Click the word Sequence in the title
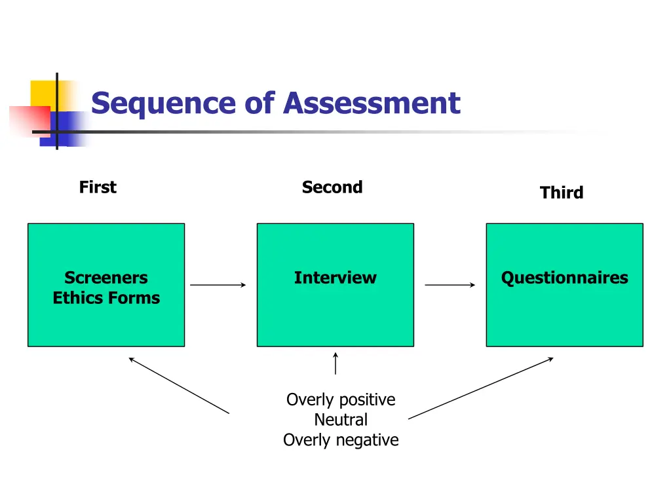pyautogui.click(x=163, y=103)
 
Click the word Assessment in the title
pyautogui.click(x=372, y=103)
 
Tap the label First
pyautogui.click(x=98, y=187)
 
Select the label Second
pyautogui.click(x=332, y=187)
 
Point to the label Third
pyautogui.click(x=561, y=193)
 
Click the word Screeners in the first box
pyautogui.click(x=106, y=278)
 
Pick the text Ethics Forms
pyautogui.click(x=106, y=298)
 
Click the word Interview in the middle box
pyautogui.click(x=335, y=278)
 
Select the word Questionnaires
pyautogui.click(x=564, y=278)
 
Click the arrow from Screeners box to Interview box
pyautogui.click(x=218, y=285)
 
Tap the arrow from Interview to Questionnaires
pyautogui.click(x=450, y=285)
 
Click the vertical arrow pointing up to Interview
pyautogui.click(x=335, y=363)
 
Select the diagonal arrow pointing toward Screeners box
pyautogui.click(x=179, y=385)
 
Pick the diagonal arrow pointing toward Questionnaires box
pyautogui.click(x=480, y=388)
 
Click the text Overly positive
pyautogui.click(x=341, y=400)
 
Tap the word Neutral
pyautogui.click(x=341, y=420)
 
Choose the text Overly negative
pyautogui.click(x=341, y=440)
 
